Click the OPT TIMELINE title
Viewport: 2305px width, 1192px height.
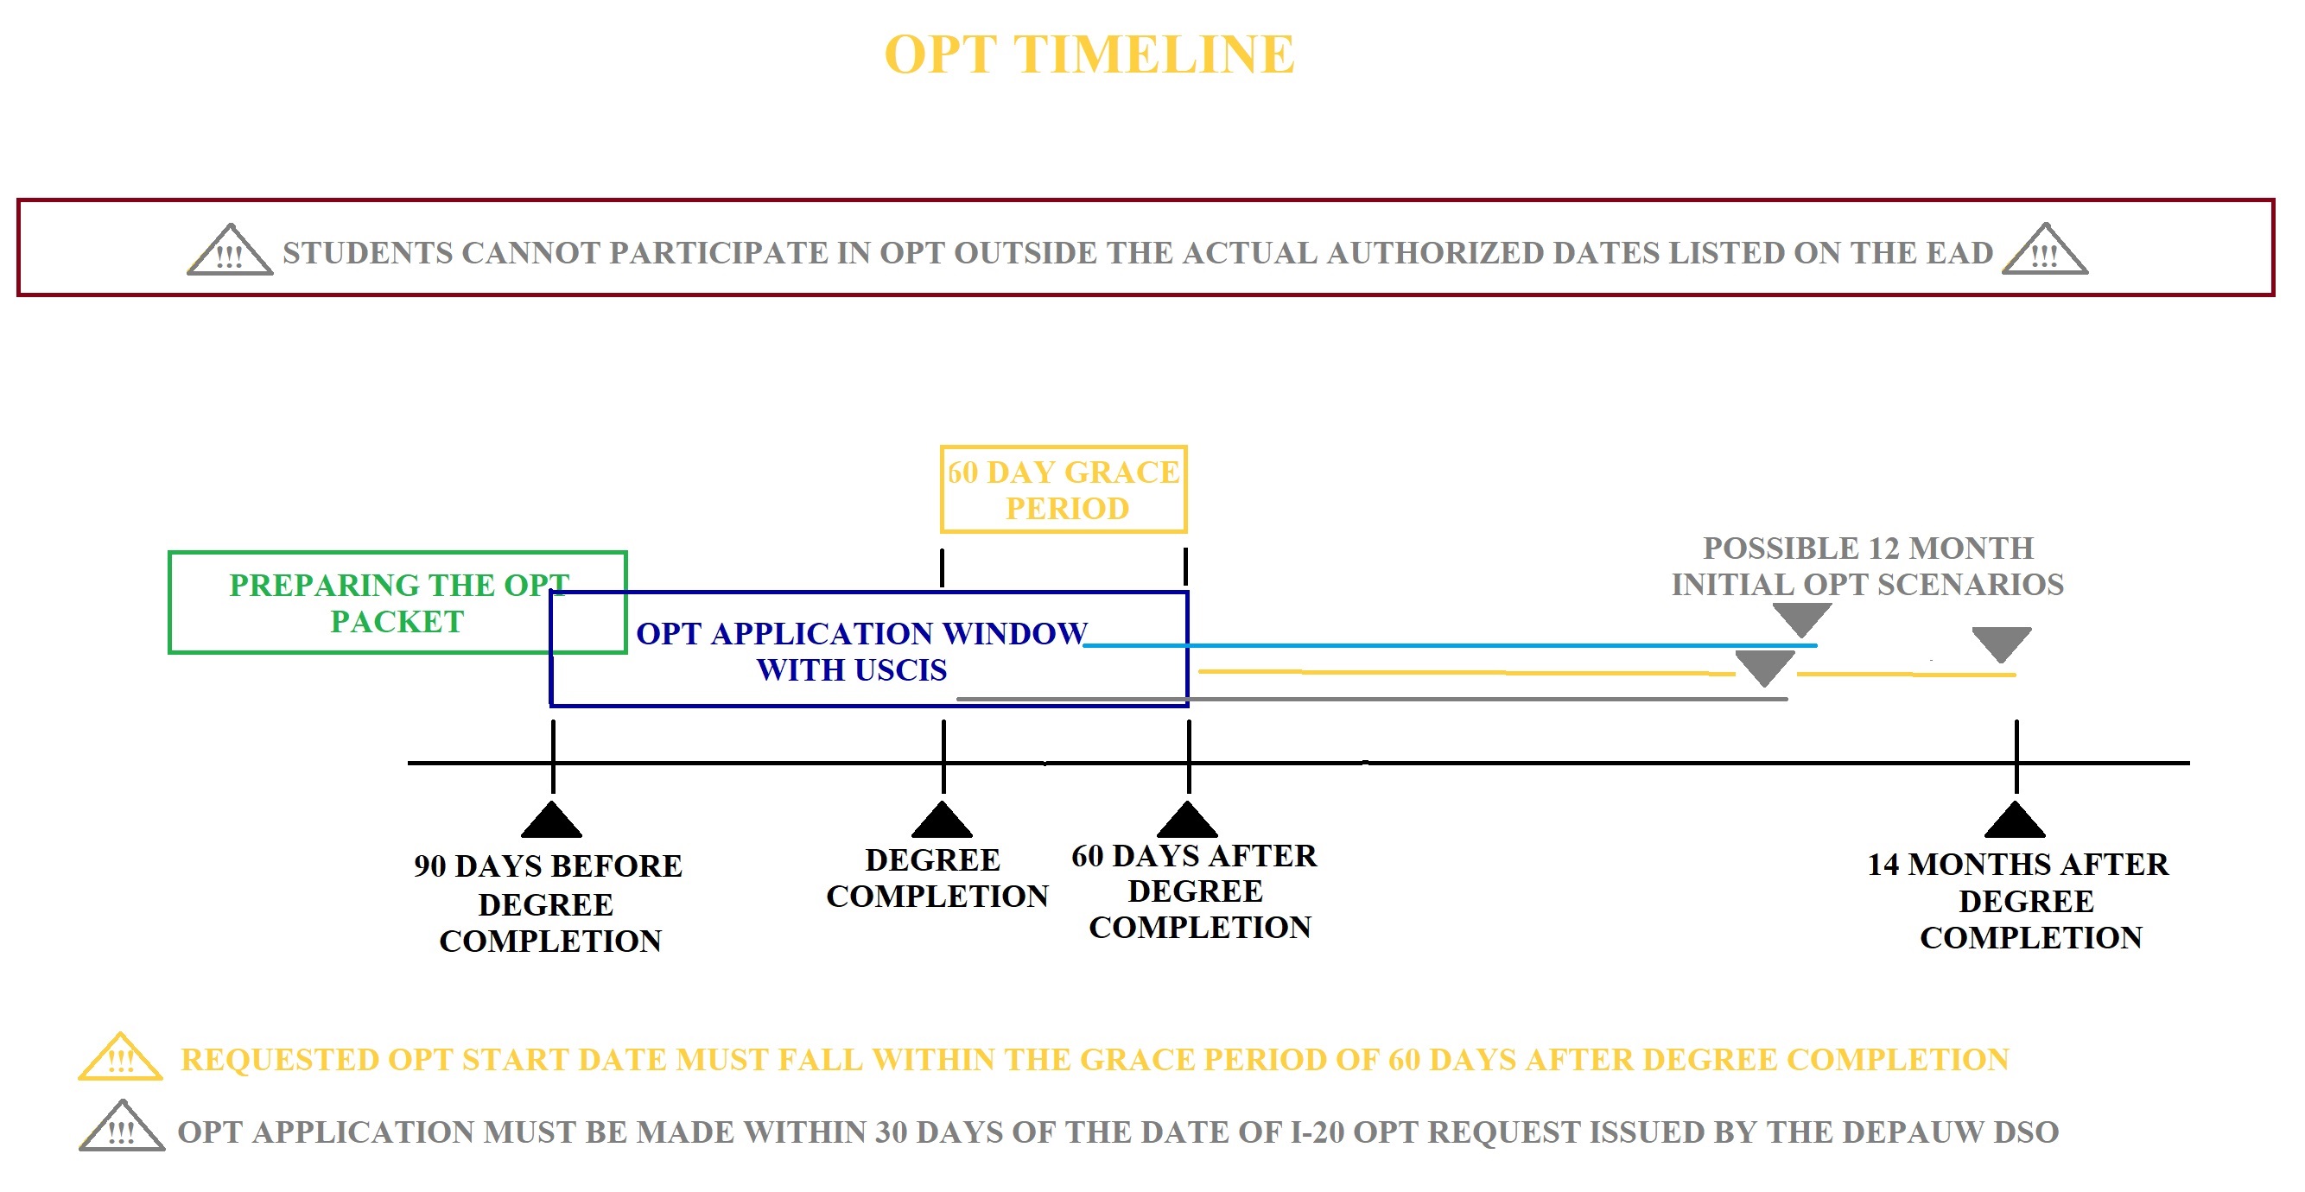[1089, 54]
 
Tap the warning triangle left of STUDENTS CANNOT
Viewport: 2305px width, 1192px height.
[230, 250]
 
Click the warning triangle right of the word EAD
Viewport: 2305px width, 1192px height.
[2045, 249]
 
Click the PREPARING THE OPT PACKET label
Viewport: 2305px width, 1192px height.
[398, 603]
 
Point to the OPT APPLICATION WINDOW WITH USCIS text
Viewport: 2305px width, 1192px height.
[860, 651]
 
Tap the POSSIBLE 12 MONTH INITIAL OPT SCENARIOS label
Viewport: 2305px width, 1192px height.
[1868, 567]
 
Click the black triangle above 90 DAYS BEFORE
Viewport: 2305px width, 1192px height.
[552, 819]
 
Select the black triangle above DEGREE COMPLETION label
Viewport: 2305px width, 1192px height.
[943, 819]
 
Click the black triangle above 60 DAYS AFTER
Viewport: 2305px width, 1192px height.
[1187, 819]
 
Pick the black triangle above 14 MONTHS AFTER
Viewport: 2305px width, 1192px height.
[2015, 819]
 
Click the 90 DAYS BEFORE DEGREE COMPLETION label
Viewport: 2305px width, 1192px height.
[549, 904]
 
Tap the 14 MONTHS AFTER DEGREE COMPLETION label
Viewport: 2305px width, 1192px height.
[2019, 901]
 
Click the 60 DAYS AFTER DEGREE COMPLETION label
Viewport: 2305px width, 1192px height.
[1195, 891]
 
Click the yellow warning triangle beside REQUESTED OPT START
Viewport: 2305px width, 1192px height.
[121, 1057]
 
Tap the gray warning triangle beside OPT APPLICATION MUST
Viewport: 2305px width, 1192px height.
[122, 1125]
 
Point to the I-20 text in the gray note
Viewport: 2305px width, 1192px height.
[1318, 1132]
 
